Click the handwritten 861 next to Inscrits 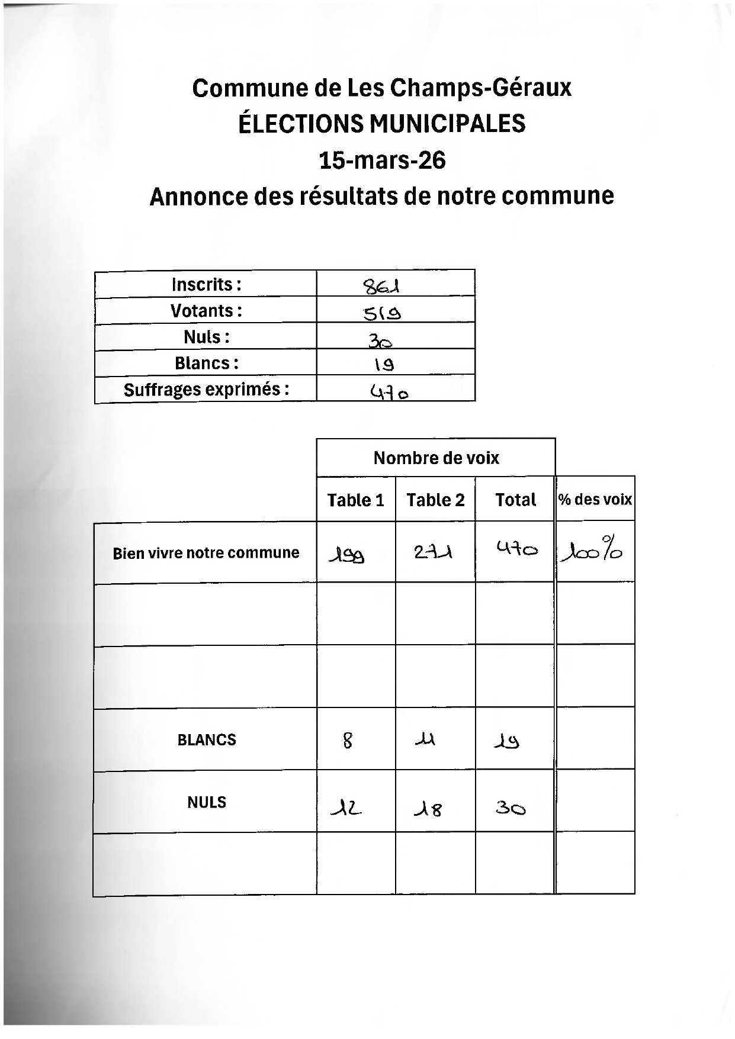point(382,287)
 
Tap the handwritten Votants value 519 point(382,312)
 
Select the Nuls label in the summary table point(206,337)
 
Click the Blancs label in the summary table point(206,363)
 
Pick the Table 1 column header point(355,500)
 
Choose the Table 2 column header point(435,500)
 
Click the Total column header point(515,500)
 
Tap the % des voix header point(595,500)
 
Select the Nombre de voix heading point(436,458)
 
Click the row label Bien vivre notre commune point(206,553)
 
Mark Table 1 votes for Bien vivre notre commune point(346,555)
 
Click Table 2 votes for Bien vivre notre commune point(433,553)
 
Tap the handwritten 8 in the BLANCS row point(348,740)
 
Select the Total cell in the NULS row point(511,808)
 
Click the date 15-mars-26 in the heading point(382,160)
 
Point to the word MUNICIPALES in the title point(447,124)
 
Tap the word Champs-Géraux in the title point(480,89)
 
